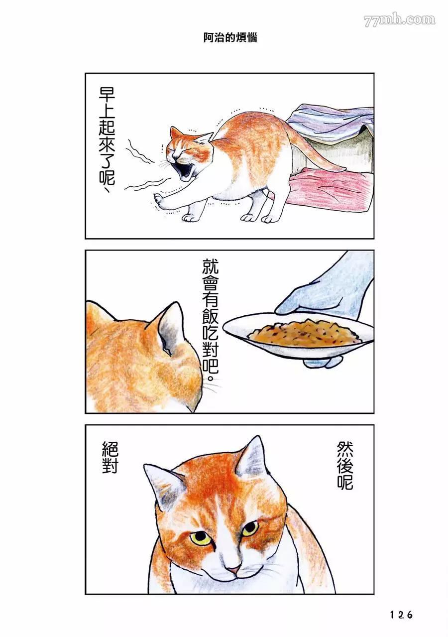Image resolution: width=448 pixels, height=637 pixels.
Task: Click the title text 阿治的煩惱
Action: [230, 38]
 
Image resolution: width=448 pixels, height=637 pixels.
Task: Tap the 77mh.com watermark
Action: [399, 20]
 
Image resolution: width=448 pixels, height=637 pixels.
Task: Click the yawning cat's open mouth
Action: [184, 171]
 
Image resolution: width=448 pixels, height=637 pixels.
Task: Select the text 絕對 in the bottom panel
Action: [110, 458]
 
